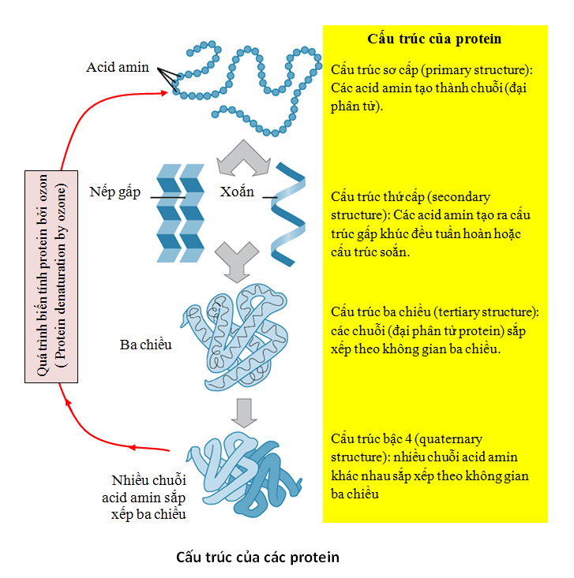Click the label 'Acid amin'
pos(118,67)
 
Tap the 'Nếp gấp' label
pos(115,192)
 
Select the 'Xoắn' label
pos(238,192)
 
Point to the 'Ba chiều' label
pos(146,344)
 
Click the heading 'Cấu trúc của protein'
pos(434,38)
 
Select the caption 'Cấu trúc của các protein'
pos(257,557)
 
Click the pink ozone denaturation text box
pos(53,276)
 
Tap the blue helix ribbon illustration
pos(289,214)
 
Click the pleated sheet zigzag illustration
pos(180,213)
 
